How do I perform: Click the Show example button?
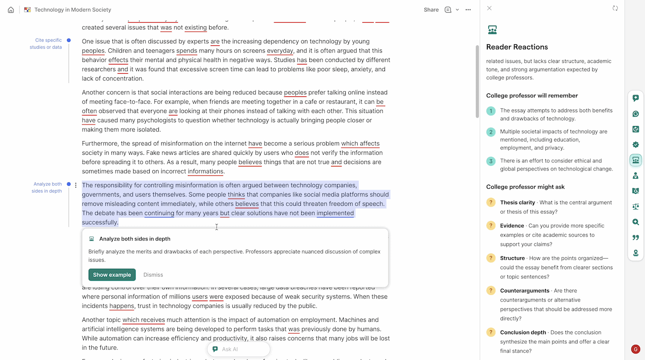[112, 275]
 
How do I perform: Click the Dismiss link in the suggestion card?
[153, 275]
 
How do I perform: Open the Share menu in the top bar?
[431, 10]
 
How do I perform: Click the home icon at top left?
[11, 10]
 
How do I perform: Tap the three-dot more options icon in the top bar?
[468, 10]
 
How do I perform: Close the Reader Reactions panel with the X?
[489, 8]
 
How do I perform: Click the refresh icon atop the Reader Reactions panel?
[615, 8]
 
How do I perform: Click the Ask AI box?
[238, 349]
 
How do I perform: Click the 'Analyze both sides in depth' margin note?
[47, 188]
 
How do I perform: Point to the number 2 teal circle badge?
[490, 132]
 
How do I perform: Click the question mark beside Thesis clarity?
[490, 203]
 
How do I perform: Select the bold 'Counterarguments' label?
[525, 291]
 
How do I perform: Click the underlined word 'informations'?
[206, 171]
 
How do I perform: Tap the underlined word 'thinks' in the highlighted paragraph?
[236, 195]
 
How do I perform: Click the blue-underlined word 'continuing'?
[159, 213]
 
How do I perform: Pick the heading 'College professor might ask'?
[525, 187]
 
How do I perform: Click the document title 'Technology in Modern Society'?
[73, 10]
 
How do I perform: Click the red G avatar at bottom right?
[635, 349]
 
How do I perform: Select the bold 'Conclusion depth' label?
[523, 333]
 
